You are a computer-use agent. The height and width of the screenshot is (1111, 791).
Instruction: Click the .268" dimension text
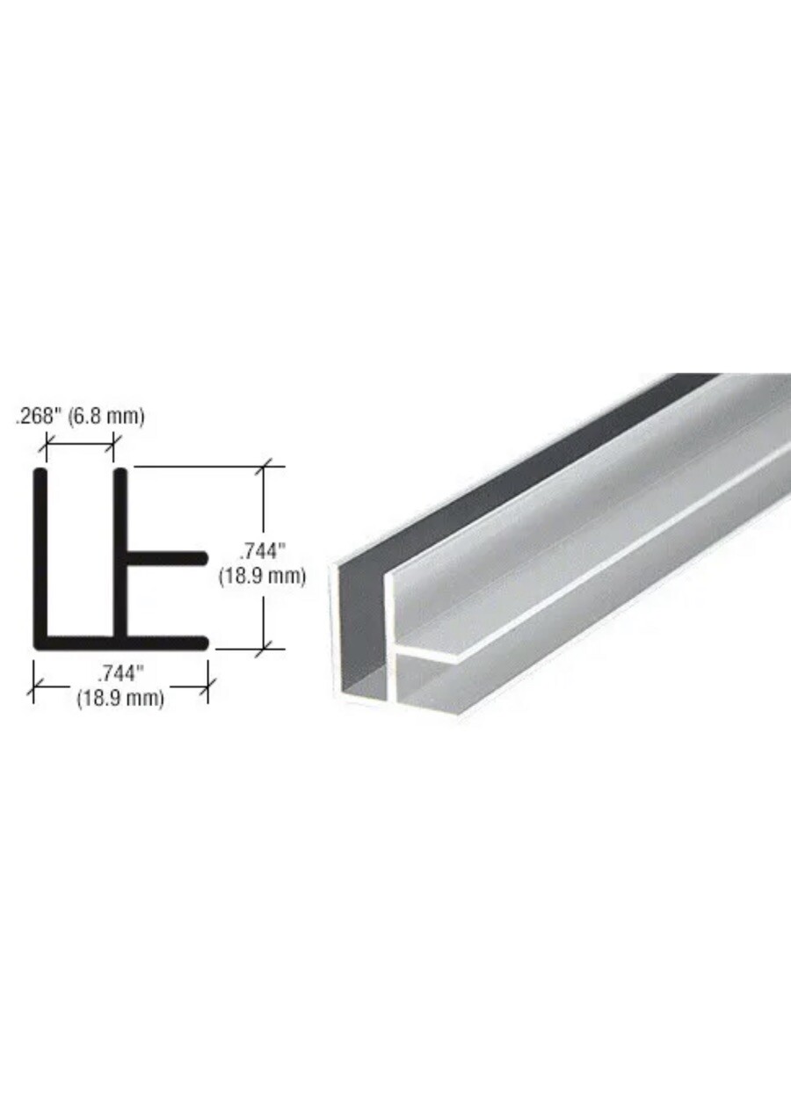38,417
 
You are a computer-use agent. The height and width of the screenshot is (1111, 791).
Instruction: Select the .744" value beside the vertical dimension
263,552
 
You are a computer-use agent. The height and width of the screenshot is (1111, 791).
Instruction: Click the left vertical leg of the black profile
41,554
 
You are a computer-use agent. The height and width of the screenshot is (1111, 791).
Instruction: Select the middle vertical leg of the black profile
121,554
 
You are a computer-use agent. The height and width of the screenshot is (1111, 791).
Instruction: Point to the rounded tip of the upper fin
202,558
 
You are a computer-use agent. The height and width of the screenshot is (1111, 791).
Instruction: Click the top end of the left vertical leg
41,475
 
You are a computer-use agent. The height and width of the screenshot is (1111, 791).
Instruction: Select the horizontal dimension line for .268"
80,444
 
